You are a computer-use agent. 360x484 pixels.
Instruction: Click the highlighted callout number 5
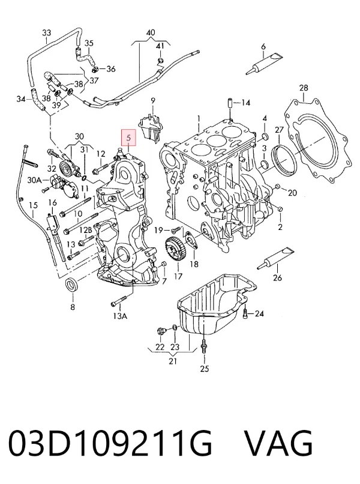[128, 138]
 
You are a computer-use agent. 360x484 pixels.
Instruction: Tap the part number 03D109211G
[110, 443]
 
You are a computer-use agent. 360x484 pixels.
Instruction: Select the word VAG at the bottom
[278, 443]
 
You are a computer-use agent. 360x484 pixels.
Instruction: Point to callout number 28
[304, 88]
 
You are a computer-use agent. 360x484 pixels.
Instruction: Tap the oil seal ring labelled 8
[73, 285]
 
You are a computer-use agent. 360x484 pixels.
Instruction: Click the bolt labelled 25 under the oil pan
[204, 347]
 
